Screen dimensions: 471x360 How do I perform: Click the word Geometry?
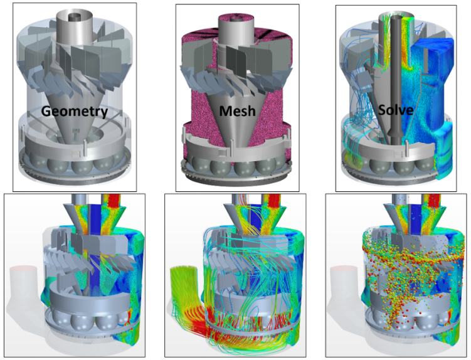75,112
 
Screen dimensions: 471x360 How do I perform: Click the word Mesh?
237,111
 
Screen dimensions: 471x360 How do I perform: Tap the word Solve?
396,110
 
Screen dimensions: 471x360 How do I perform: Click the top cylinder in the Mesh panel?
236,30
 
